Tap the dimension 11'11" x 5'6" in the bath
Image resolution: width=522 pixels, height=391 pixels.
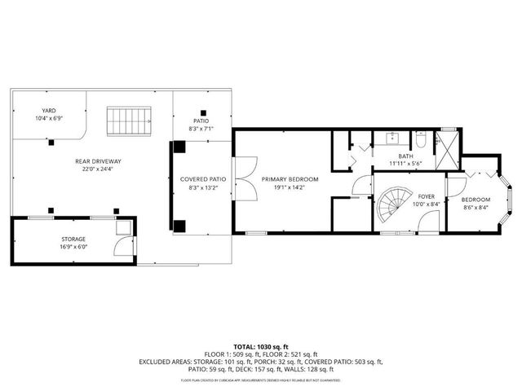[405, 164]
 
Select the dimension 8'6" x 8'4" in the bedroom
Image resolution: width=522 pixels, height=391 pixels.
[476, 207]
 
